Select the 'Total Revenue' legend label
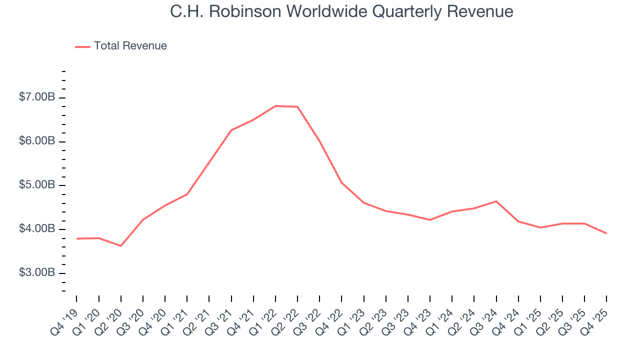130,46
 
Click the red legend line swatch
82,46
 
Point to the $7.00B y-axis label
37,97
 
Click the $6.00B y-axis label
37,141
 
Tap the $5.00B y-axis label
37,185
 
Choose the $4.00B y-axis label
37,229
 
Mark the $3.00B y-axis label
37,273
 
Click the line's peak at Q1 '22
275,106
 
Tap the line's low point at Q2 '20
120,246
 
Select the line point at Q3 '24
496,201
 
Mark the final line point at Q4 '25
606,233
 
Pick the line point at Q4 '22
341,182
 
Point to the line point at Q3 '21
231,130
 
